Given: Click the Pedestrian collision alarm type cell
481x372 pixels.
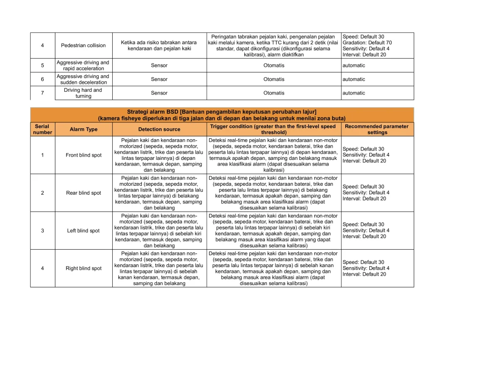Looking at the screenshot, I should point(83,45).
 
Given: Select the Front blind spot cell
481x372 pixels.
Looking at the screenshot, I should point(84,155).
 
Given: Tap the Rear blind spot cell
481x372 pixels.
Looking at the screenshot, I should point(84,193).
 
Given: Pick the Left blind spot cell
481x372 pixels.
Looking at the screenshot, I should point(84,231).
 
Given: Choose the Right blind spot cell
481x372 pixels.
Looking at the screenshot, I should point(84,269).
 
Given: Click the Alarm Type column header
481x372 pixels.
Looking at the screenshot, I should point(84,129).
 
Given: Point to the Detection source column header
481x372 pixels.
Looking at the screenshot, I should point(159,129).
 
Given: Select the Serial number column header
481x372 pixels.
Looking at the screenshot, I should point(42,129).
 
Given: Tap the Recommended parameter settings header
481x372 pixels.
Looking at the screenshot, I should point(378,129).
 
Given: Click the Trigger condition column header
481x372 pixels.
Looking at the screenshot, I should point(273,129).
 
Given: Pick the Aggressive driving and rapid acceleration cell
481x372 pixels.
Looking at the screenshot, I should point(83,65).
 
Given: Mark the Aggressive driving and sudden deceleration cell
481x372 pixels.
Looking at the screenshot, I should point(83,79).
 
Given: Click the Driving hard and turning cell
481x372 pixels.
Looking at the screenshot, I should point(83,93).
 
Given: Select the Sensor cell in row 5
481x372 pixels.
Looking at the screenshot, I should point(159,65).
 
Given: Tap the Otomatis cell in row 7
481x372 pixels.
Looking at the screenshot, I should point(273,93).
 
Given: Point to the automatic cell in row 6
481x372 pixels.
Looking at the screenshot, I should point(354,79).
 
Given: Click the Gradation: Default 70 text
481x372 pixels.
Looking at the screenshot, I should point(367,43).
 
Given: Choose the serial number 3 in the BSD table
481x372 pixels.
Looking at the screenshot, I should point(42,231).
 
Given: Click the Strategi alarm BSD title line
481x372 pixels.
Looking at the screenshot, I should point(222,111).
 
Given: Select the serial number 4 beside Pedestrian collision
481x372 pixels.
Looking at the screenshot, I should point(42,45).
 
